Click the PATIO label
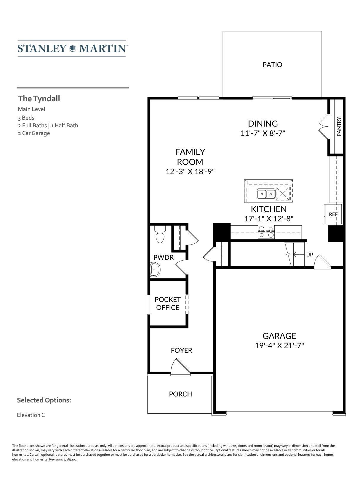tap(272, 65)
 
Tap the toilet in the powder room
tap(160, 234)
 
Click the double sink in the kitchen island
tap(266, 193)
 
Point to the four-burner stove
tap(266, 232)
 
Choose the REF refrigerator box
tap(333, 214)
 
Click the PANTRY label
tap(339, 126)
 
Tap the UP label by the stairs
tap(309, 254)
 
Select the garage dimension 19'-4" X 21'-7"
tap(279, 345)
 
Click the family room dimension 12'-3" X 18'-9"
tap(190, 171)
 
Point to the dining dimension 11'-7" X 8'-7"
tap(263, 133)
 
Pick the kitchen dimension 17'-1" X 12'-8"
tap(269, 219)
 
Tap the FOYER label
tap(181, 350)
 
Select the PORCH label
tap(180, 394)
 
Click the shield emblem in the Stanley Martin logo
tap(73, 48)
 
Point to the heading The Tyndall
tap(39, 99)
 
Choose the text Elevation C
tap(31, 415)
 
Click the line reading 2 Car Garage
tap(34, 133)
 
